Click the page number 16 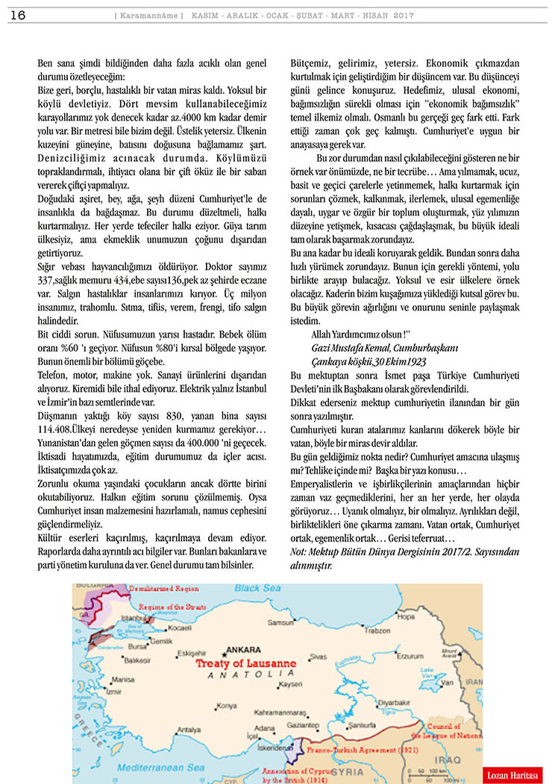pos(18,16)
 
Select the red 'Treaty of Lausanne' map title pos(245,663)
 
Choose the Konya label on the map pos(226,705)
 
